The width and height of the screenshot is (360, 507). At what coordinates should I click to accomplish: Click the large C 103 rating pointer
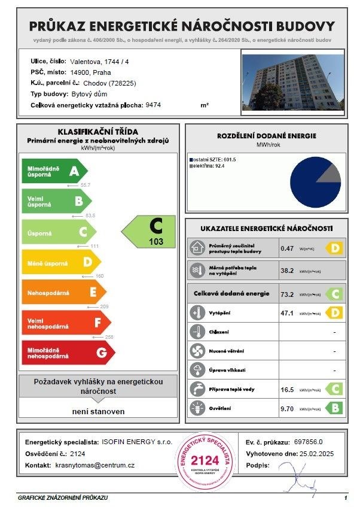(x=150, y=232)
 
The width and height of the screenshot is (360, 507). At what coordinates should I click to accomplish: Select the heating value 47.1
(x=288, y=312)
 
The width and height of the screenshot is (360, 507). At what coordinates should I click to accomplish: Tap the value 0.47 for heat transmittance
(x=287, y=247)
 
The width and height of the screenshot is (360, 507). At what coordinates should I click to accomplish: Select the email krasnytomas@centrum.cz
(x=94, y=465)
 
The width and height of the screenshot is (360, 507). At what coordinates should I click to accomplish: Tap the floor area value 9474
(x=153, y=105)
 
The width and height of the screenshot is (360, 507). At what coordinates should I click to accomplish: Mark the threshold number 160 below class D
(x=100, y=275)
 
